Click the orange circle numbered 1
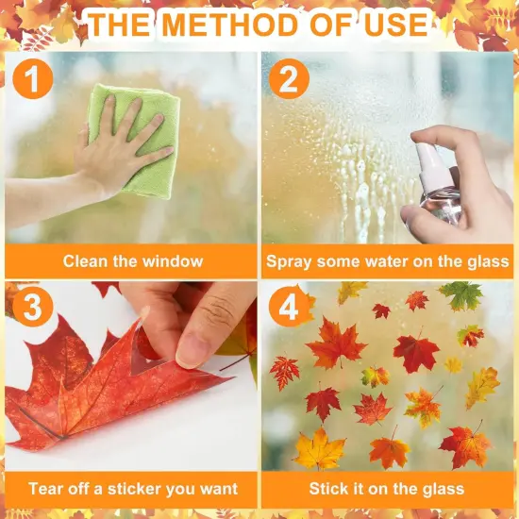coord(34,79)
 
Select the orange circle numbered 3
coord(33,309)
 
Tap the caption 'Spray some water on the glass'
coord(388,261)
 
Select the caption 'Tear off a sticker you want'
coord(132,489)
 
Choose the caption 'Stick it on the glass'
coord(387,489)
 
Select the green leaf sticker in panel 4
coord(462,295)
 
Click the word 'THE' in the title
coord(122,24)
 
